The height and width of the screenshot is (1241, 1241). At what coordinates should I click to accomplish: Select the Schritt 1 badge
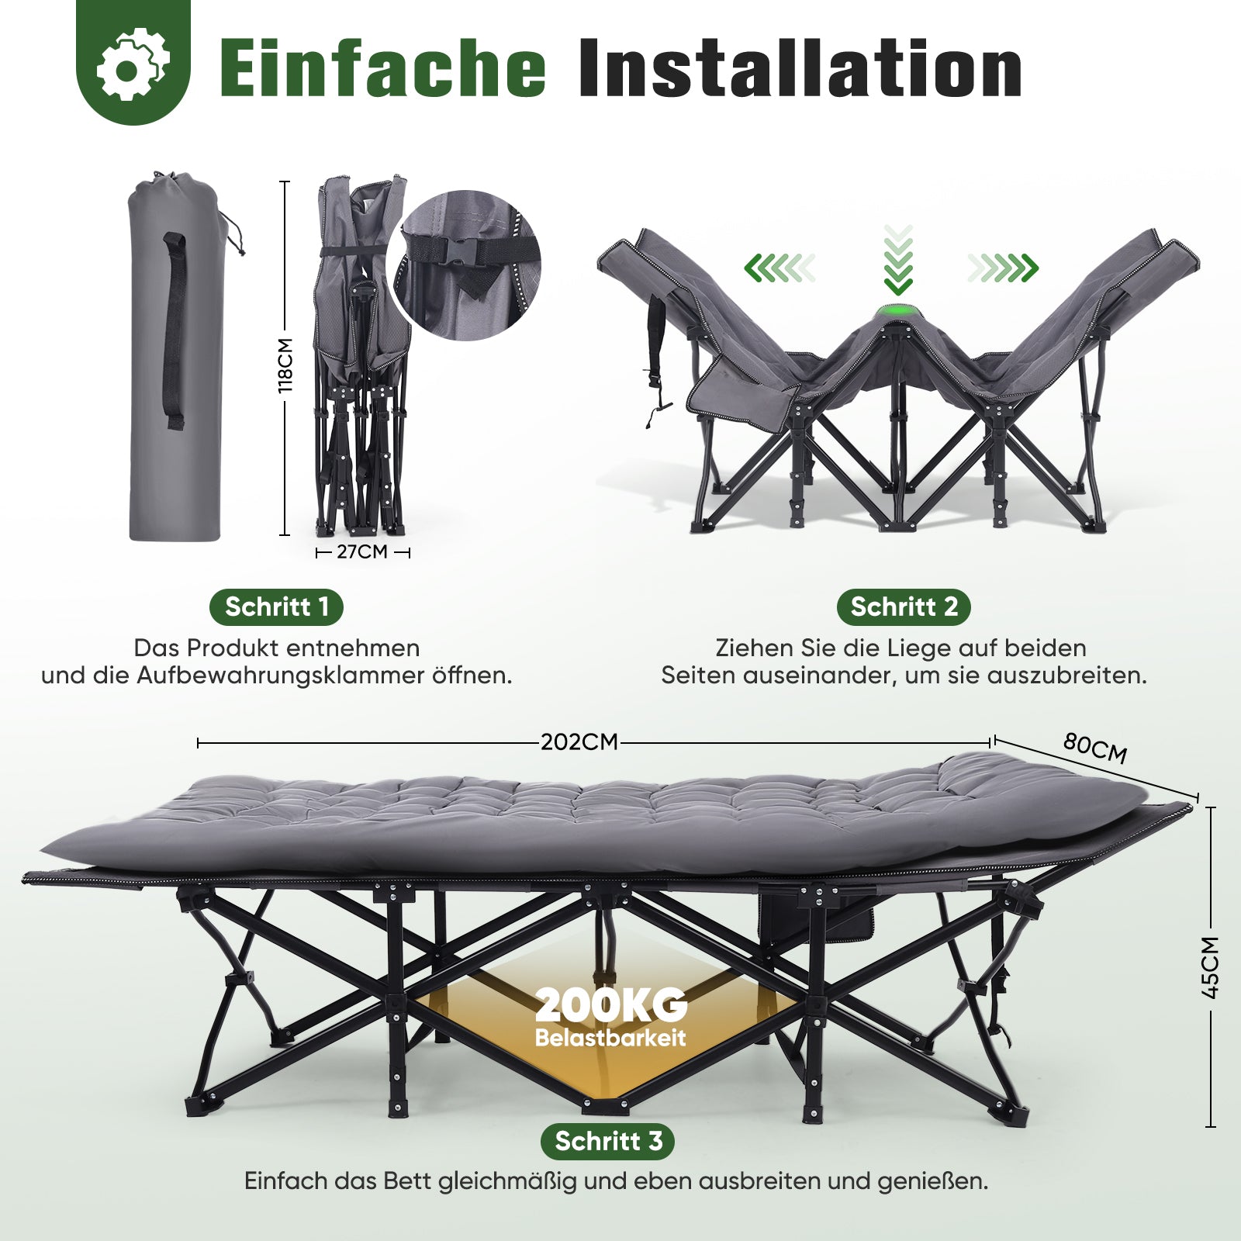tap(277, 607)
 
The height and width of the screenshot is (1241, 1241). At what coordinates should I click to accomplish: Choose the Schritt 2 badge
tap(904, 607)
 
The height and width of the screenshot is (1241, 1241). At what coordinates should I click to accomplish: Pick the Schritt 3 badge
tap(608, 1141)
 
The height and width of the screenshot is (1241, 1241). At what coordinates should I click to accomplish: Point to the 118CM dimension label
tap(285, 365)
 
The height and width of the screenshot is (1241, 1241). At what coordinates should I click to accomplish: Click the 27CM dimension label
tap(362, 552)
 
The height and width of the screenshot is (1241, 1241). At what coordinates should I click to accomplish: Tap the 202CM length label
tap(579, 742)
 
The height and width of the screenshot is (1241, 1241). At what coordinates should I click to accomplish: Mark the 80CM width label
tap(1094, 748)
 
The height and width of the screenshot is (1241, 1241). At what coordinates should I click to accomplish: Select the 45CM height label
tap(1211, 967)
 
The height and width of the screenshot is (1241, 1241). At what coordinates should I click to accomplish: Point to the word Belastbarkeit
tap(610, 1038)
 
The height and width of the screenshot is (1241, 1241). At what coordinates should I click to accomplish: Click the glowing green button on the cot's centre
tap(897, 314)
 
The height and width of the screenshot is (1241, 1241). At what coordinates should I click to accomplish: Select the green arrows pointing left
tap(780, 268)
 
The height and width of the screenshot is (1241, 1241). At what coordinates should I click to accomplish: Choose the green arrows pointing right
tap(1003, 268)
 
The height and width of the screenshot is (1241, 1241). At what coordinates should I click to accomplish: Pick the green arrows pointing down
tap(898, 261)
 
